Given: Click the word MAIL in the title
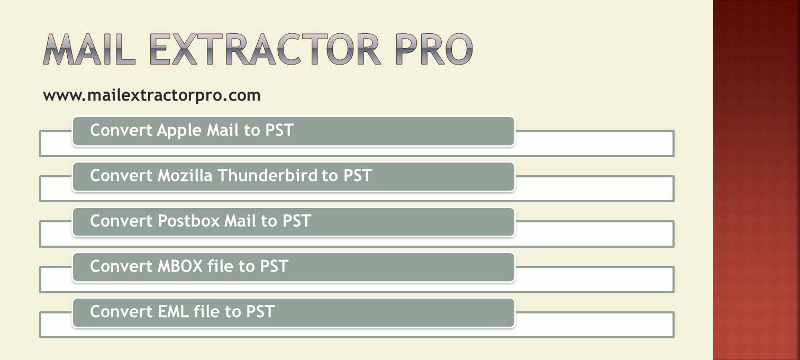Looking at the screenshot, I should click(89, 49).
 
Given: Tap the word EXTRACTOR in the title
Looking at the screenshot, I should click(265, 49).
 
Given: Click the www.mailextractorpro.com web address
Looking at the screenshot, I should click(152, 96).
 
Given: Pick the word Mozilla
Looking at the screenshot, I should click(185, 175).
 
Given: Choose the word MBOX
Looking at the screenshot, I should click(180, 266).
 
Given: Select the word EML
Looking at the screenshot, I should click(174, 311).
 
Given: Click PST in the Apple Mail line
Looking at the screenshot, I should click(279, 130).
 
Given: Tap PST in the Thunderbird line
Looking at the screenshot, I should click(358, 175).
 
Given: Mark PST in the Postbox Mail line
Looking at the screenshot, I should click(296, 221).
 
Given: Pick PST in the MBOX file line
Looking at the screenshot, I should click(274, 266).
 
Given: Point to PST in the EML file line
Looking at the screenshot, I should click(260, 311).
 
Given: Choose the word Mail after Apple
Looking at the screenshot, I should click(223, 130).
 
